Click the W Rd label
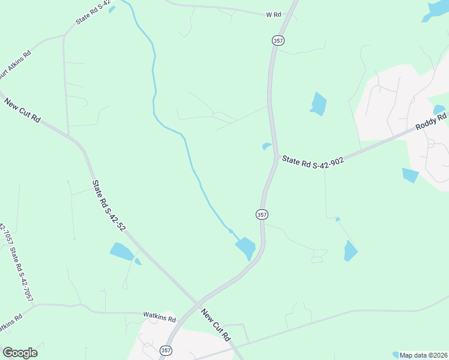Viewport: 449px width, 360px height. pyautogui.click(x=274, y=14)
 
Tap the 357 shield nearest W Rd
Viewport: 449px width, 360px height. pyautogui.click(x=277, y=41)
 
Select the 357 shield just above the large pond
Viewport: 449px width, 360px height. pyautogui.click(x=262, y=214)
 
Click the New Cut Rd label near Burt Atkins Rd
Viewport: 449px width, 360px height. pyautogui.click(x=22, y=111)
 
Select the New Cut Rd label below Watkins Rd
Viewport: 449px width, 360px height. pyautogui.click(x=216, y=325)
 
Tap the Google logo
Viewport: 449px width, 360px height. pyautogui.click(x=20, y=353)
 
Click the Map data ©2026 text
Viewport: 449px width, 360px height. pyautogui.click(x=424, y=355)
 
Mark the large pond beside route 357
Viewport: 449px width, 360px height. pyautogui.click(x=247, y=246)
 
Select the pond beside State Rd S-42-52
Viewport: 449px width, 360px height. pyautogui.click(x=122, y=251)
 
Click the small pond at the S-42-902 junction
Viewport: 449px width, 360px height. pyautogui.click(x=267, y=146)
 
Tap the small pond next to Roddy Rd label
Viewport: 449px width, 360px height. pyautogui.click(x=439, y=109)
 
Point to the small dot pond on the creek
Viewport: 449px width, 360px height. pyautogui.click(x=231, y=231)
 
